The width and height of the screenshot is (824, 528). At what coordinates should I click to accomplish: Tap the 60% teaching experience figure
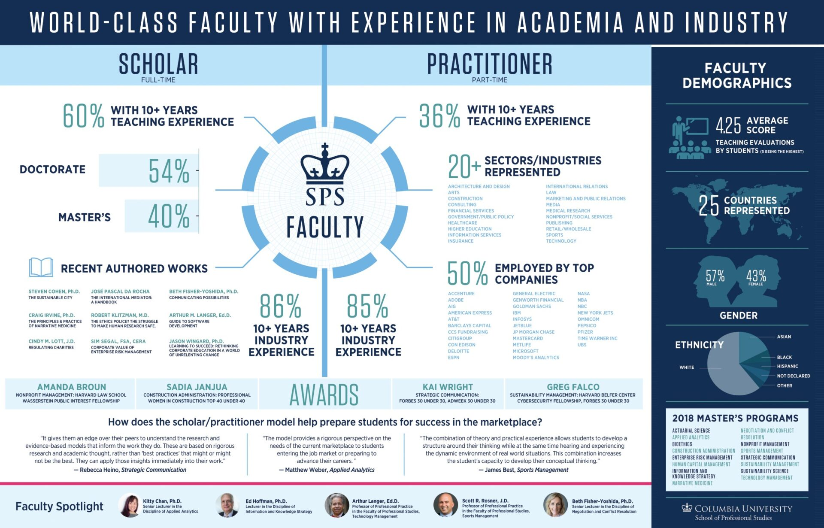pos(83,116)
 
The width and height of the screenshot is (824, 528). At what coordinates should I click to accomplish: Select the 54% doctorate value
pos(169,171)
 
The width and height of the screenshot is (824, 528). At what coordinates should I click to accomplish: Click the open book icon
pos(41,267)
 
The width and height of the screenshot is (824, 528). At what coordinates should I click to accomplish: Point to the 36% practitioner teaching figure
pos(439,116)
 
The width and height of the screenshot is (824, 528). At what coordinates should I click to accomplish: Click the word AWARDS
pos(324,394)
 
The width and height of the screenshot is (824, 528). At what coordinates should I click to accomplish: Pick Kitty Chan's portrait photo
pos(130,505)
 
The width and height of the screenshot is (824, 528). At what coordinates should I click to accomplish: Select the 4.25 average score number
pos(728,125)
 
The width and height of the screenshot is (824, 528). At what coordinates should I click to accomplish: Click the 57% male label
pos(715,277)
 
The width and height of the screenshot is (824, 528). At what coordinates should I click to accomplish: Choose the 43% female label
pos(756,277)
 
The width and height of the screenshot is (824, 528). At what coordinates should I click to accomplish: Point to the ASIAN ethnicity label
pos(784,337)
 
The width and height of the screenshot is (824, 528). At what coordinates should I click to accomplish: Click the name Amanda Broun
pos(72,387)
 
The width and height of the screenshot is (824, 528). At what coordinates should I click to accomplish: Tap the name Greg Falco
pos(573,387)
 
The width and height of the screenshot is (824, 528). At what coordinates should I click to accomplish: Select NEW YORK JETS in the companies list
pos(595,313)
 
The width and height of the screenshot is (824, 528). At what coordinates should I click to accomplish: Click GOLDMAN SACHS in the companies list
pos(532,306)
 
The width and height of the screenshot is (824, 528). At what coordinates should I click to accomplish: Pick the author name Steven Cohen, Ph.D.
pos(54,291)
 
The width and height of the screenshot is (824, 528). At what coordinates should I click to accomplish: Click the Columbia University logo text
pos(737,509)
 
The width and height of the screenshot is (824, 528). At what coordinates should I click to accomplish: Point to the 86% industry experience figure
pos(281,306)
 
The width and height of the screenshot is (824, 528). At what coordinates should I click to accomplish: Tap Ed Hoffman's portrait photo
pos(227,505)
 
